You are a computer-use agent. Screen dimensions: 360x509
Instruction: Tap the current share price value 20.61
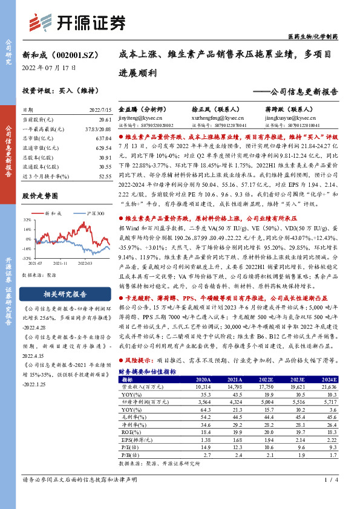pos(105,120)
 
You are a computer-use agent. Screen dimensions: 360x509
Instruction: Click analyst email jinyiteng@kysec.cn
pos(142,118)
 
